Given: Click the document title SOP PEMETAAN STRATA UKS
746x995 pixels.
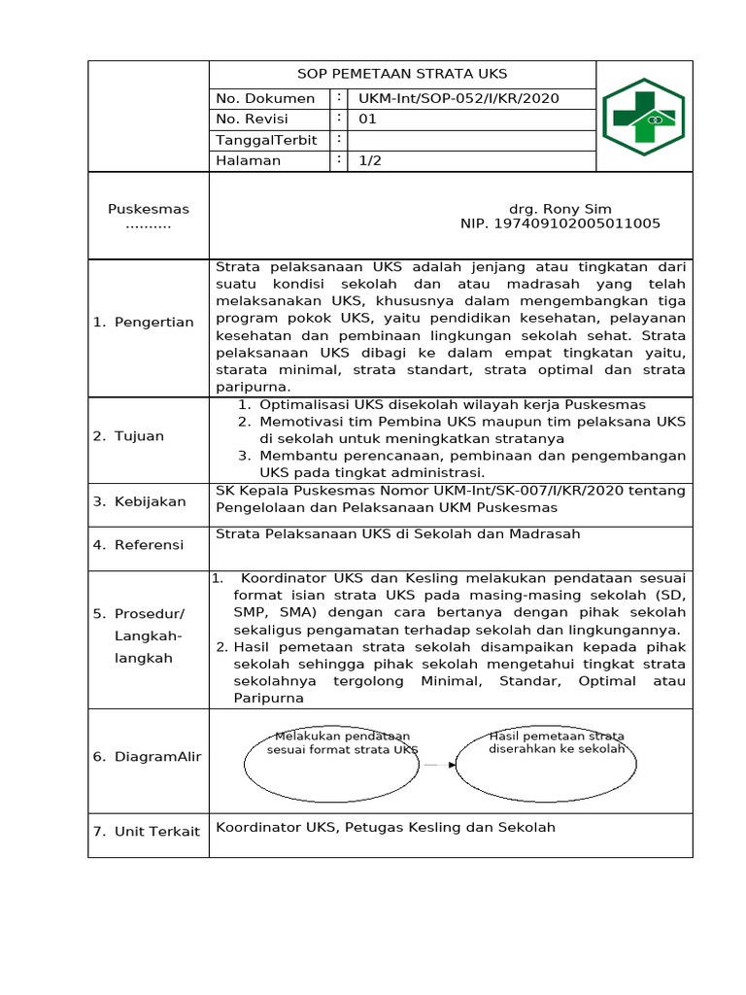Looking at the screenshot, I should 402,74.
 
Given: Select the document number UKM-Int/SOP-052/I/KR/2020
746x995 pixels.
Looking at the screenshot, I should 458,98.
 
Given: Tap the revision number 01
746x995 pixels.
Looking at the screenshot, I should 367,120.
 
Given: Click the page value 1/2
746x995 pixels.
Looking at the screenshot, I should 370,160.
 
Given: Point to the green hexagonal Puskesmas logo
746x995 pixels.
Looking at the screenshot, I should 643,118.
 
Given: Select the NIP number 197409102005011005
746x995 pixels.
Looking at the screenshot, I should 560,223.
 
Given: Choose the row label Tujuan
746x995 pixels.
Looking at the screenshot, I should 139,436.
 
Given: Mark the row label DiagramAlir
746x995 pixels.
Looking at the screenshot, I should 156,757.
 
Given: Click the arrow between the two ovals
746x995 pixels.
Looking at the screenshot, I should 440,765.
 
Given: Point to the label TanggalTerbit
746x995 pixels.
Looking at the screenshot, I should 267,140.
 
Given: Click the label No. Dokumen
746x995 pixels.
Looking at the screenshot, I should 265,98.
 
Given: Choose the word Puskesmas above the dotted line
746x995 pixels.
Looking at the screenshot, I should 149,209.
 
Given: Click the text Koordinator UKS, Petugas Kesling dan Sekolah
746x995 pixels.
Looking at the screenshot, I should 386,828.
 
